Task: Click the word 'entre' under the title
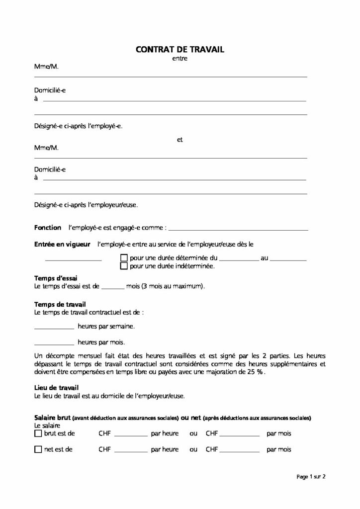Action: pos(180,59)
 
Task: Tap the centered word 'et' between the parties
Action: pos(180,140)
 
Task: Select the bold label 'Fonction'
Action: pos(48,227)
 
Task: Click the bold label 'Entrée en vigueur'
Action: pos(62,245)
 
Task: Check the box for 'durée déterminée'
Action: pos(124,258)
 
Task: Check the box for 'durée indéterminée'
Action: pos(124,266)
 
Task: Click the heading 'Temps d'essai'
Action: pos(55,278)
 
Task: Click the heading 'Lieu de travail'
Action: pos(56,388)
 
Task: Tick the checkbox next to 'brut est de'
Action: pos(38,433)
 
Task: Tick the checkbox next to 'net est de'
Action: pos(38,449)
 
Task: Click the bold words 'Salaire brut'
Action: pos(54,418)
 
